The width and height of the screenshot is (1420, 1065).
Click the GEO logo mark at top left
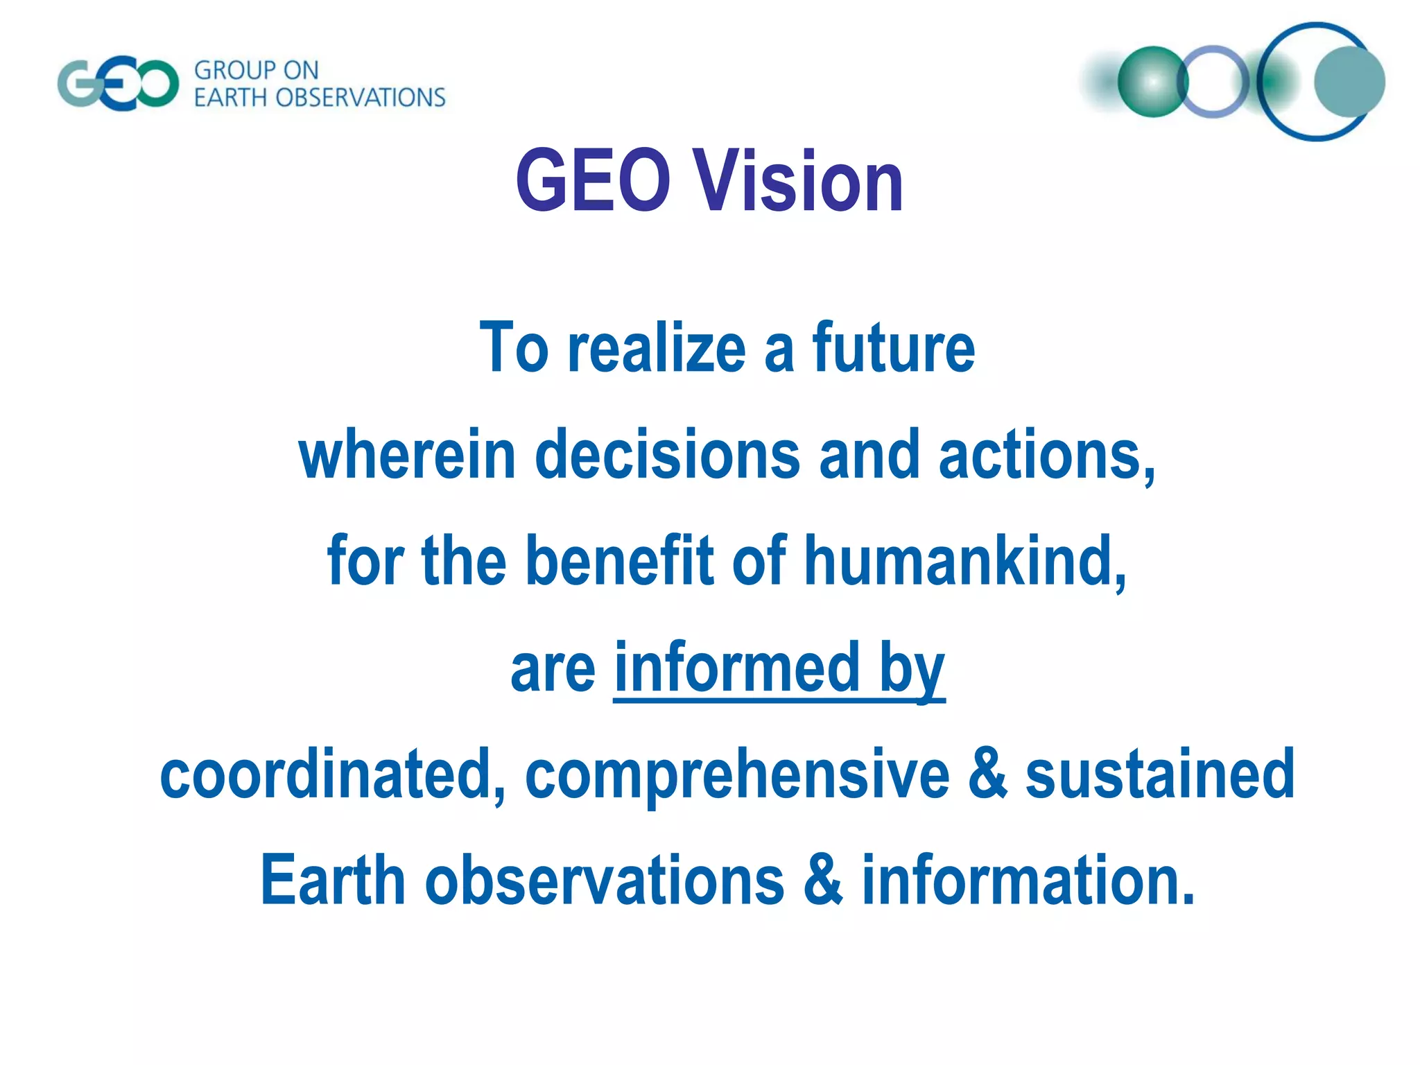point(118,85)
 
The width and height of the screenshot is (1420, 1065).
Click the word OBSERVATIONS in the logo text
point(360,98)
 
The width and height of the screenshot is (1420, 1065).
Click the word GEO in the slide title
point(593,182)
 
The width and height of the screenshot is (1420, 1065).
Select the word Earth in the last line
point(332,881)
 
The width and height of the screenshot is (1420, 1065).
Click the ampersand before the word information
point(822,881)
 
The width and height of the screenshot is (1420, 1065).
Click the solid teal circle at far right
point(1349,82)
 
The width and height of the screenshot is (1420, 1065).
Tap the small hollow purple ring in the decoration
point(1213,82)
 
